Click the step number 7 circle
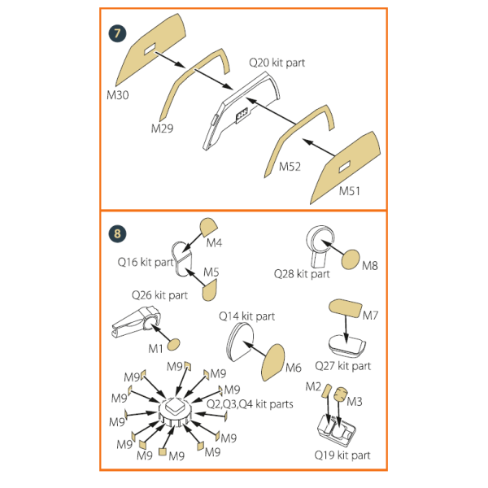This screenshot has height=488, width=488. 117,33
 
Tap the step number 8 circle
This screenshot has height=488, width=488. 117,233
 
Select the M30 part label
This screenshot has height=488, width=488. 118,95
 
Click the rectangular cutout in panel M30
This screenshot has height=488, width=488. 150,49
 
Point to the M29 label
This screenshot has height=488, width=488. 162,129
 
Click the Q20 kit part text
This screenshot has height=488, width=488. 277,63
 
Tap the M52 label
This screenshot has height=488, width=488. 290,167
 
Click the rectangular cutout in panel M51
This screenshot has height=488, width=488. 345,166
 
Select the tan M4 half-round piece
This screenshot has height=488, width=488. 208,227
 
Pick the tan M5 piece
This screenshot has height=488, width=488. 210,290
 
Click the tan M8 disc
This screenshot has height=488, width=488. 351,259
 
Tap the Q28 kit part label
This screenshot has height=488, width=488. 302,274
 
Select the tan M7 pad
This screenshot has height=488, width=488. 346,308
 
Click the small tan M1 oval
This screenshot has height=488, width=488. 174,345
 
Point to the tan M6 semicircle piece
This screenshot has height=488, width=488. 273,362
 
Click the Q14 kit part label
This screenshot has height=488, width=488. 246,316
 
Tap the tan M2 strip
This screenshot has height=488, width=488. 326,390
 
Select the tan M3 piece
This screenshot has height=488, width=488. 340,394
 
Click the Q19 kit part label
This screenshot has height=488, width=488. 342,455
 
